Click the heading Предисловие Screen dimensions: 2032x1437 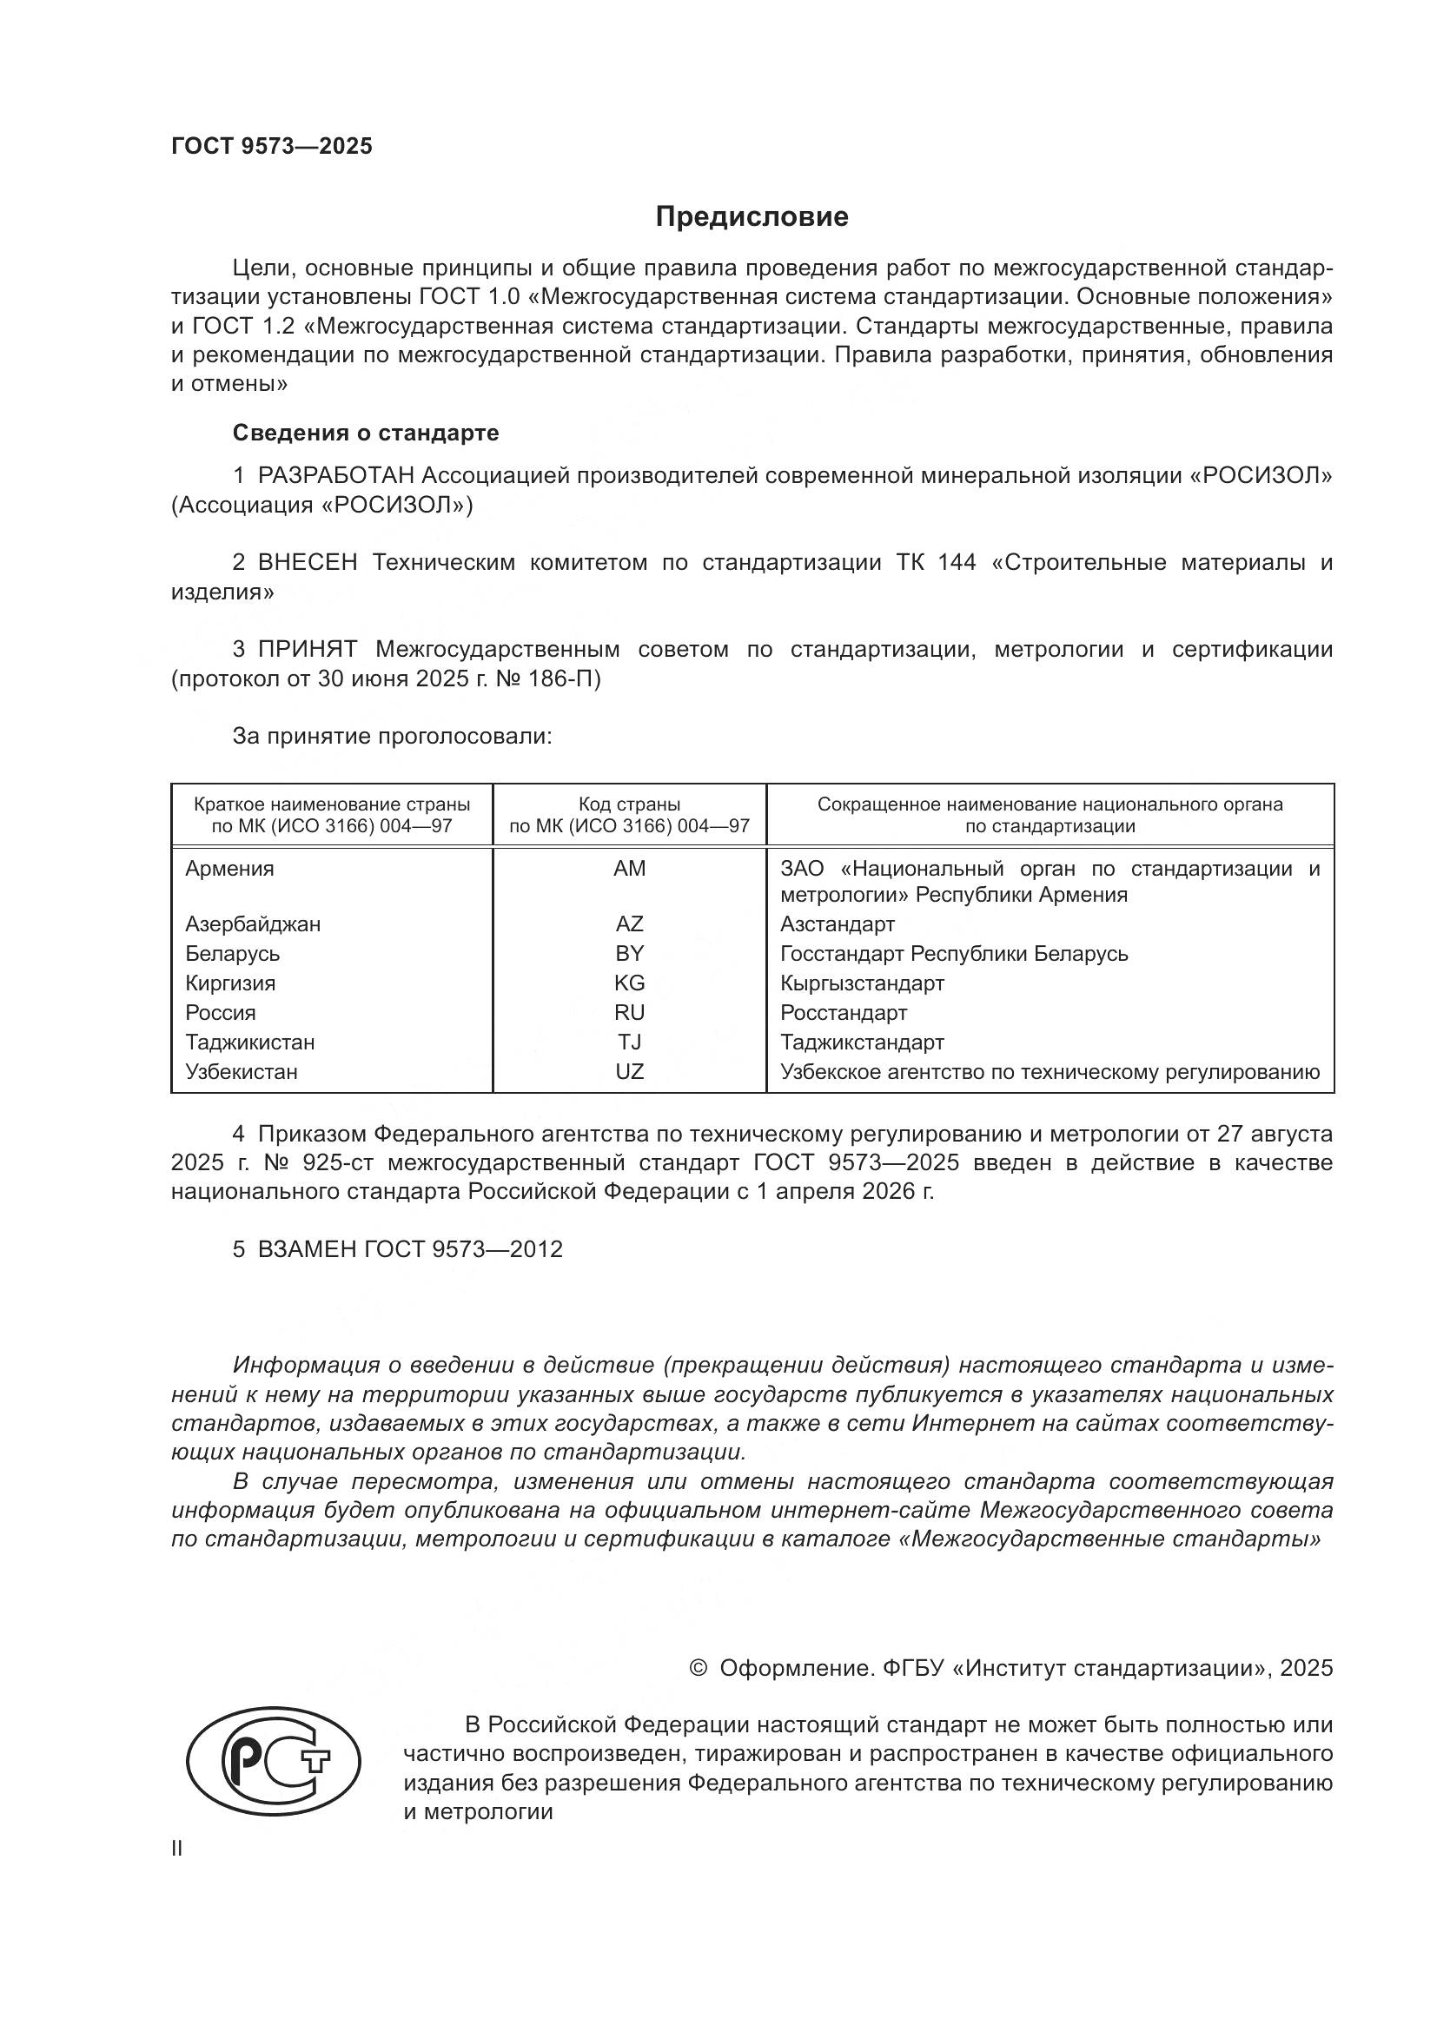tap(752, 217)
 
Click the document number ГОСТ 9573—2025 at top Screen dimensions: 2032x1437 tap(272, 146)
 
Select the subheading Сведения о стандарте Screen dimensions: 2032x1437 tap(366, 433)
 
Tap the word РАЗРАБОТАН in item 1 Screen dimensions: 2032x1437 tap(335, 475)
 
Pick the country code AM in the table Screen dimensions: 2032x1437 tap(629, 868)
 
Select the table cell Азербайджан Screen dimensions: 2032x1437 tap(252, 924)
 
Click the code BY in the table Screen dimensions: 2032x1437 tap(629, 953)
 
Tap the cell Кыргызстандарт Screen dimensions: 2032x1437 tap(862, 983)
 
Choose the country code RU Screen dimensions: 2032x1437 tap(629, 1012)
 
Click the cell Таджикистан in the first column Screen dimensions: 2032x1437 tap(249, 1042)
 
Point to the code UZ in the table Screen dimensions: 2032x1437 tap(629, 1072)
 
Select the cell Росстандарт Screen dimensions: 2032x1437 tap(844, 1012)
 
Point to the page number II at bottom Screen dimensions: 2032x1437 tap(177, 1848)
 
